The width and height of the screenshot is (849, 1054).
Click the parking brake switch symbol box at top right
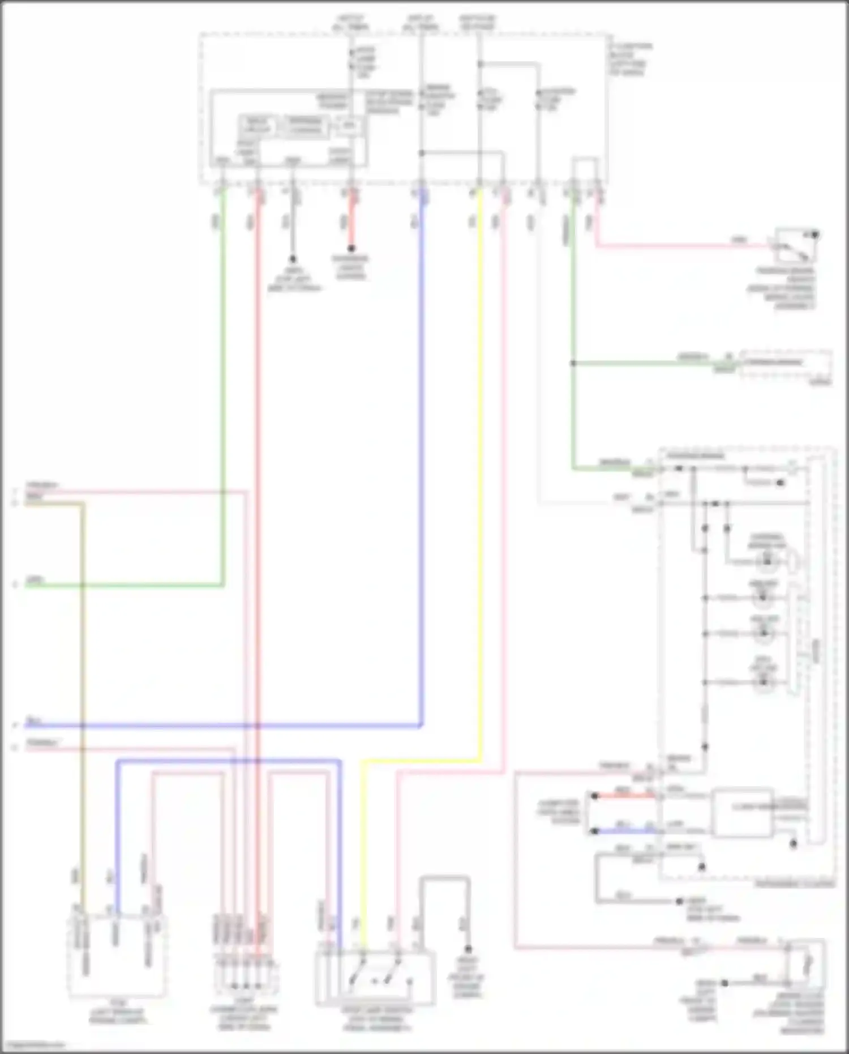pos(795,245)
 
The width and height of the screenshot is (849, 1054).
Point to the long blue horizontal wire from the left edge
pos(226,725)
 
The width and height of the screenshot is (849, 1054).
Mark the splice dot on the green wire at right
pos(573,363)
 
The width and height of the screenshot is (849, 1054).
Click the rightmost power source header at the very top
pos(477,23)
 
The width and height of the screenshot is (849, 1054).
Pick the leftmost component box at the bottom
pos(117,957)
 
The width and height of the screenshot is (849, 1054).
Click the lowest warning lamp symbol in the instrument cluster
pos(764,682)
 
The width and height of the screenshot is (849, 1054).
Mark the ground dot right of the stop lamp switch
pos(468,949)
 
